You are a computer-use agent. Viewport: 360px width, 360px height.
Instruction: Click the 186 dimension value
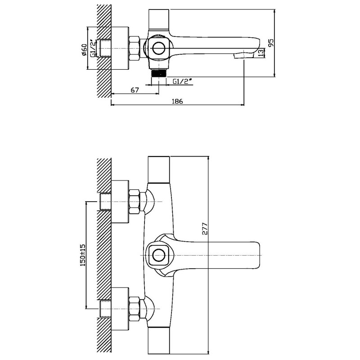pos(177,101)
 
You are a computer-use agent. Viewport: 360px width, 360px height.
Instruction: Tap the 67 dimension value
pos(135,90)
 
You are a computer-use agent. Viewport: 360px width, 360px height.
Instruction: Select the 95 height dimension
pos(271,43)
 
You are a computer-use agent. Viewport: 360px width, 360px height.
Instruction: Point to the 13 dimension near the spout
pos(261,53)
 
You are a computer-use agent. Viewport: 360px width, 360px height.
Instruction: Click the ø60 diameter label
pos(84,49)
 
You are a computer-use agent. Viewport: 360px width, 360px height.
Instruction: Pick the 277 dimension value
pos(205,229)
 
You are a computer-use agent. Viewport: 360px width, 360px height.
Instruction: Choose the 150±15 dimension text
pos(83,255)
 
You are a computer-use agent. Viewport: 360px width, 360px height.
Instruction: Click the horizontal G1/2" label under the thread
pos(182,81)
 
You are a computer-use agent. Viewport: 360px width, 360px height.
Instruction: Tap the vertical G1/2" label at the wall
pos(93,49)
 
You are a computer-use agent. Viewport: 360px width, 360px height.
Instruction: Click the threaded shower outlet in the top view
pos(159,73)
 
